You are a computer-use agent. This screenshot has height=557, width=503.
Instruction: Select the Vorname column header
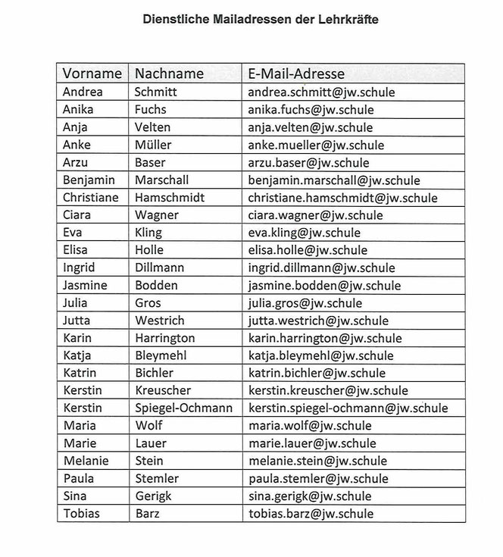pyautogui.click(x=92, y=74)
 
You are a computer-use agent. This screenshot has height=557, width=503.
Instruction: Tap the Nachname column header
pyautogui.click(x=169, y=74)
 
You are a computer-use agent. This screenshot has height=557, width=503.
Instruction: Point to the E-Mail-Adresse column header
pyautogui.click(x=296, y=74)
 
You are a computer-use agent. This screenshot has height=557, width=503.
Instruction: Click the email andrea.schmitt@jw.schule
pyautogui.click(x=322, y=92)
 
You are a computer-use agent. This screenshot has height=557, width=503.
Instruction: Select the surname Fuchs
pyautogui.click(x=150, y=109)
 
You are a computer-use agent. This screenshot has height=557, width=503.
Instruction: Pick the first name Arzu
pyautogui.click(x=77, y=162)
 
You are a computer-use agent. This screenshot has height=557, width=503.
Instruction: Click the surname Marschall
pyautogui.click(x=161, y=180)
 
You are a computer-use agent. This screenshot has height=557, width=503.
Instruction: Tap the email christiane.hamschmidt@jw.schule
pyautogui.click(x=342, y=198)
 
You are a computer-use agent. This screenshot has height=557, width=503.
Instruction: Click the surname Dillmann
pyautogui.click(x=159, y=268)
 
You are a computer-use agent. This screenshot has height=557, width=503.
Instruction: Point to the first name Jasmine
pyautogui.click(x=85, y=286)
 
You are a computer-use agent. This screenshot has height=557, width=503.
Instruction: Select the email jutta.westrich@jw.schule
pyautogui.click(x=318, y=321)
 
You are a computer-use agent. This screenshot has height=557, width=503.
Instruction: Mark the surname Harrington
pyautogui.click(x=164, y=338)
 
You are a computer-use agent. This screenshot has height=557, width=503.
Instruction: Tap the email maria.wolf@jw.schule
pyautogui.click(x=310, y=425)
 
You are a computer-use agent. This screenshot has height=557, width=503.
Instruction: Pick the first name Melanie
pyautogui.click(x=86, y=461)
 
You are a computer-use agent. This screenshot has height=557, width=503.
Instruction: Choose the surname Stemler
pyautogui.click(x=156, y=478)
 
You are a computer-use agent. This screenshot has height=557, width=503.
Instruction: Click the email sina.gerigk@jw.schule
pyautogui.click(x=309, y=496)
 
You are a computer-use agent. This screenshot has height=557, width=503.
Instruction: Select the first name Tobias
pyautogui.click(x=81, y=513)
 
